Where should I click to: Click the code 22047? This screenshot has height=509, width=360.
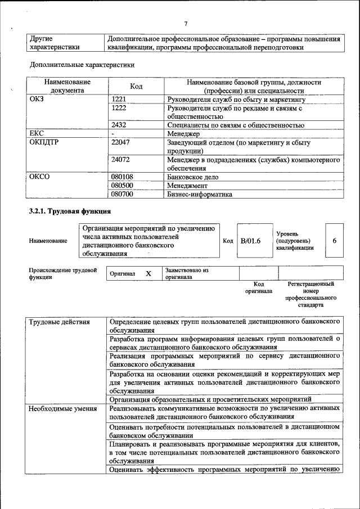click(x=120, y=143)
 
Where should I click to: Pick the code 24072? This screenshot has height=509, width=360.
click(x=120, y=160)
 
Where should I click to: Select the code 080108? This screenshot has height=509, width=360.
click(x=122, y=177)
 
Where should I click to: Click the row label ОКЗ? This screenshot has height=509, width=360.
click(x=36, y=99)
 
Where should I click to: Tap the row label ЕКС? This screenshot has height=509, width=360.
click(x=36, y=134)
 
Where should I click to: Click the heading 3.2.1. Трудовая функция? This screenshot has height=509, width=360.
click(x=70, y=211)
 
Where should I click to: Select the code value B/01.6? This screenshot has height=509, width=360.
click(x=250, y=241)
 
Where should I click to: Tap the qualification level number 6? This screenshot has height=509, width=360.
click(x=335, y=241)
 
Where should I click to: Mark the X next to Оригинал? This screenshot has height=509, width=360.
click(x=148, y=273)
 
